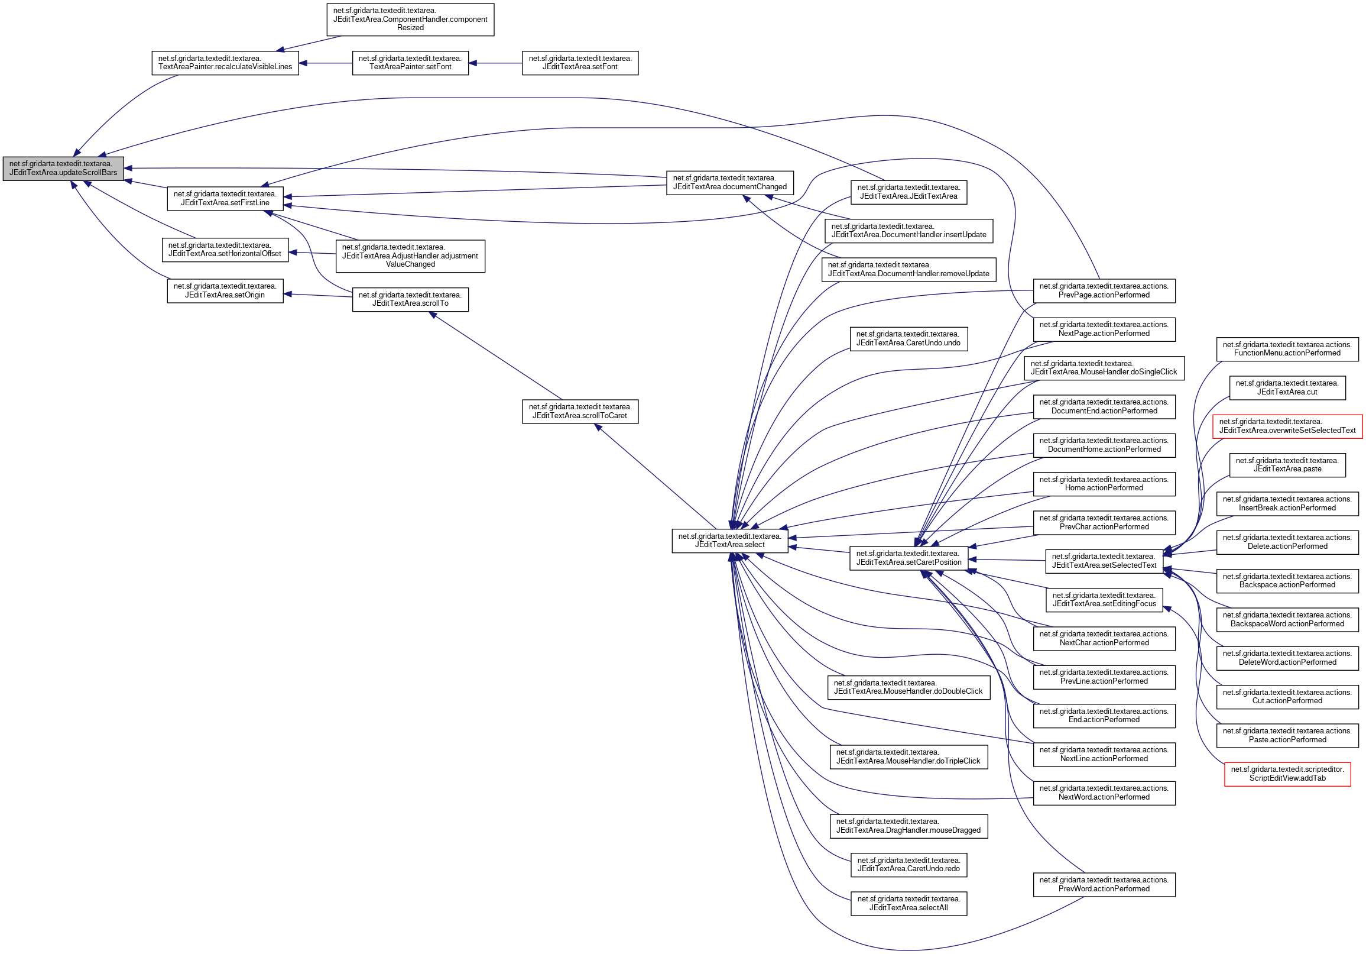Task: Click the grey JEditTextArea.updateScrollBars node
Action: pos(63,169)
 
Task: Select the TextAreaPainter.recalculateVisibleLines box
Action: pos(225,63)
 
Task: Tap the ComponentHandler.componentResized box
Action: pos(410,20)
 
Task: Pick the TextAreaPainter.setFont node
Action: pos(410,63)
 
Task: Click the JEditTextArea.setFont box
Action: pos(580,63)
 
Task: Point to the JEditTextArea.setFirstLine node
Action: pos(225,198)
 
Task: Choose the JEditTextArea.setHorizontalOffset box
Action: pos(225,250)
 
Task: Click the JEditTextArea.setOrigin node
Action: pos(225,290)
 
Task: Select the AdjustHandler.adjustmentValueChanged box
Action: pos(410,256)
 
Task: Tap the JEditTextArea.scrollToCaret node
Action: pos(580,411)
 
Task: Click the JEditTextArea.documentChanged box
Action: pos(729,183)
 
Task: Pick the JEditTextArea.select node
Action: pos(729,541)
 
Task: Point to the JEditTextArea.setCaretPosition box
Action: pos(908,558)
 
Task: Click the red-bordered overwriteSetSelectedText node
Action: pos(1287,426)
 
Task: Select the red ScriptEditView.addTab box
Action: pos(1287,774)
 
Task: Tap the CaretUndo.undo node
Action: pos(908,339)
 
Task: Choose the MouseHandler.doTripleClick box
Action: pos(908,756)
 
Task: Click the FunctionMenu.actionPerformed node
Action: pos(1287,349)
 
